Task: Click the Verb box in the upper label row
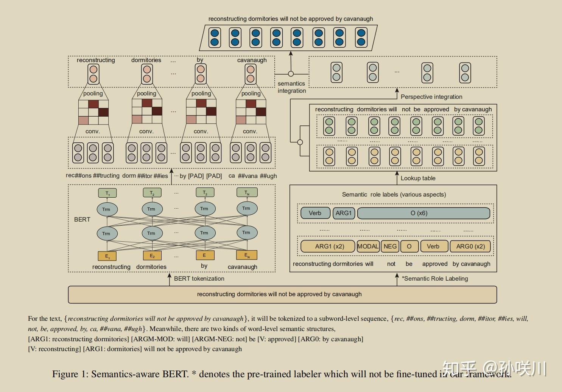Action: (x=315, y=213)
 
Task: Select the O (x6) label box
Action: (x=423, y=213)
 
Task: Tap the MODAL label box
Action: (x=368, y=247)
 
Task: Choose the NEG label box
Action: (x=390, y=247)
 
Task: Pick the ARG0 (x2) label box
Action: (x=470, y=247)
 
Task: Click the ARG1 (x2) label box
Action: (x=328, y=247)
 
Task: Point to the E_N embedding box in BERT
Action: (x=246, y=255)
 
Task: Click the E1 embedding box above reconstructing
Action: (x=107, y=256)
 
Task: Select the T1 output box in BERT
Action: (x=107, y=193)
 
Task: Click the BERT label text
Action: (x=82, y=219)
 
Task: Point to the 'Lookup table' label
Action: (x=418, y=178)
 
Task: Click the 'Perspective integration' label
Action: (x=431, y=97)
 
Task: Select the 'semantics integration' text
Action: (x=291, y=87)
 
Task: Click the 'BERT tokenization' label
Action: (x=199, y=278)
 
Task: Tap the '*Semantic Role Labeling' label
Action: (x=435, y=278)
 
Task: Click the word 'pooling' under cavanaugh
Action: (x=251, y=94)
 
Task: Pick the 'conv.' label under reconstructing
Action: (x=92, y=131)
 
